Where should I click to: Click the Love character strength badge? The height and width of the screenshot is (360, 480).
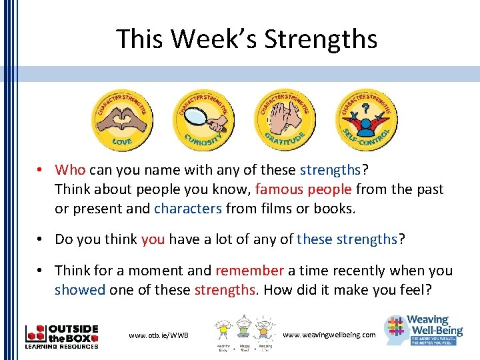coord(121,120)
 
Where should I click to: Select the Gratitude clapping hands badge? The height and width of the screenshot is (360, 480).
coord(285,120)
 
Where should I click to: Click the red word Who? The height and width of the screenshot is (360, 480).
coord(71,169)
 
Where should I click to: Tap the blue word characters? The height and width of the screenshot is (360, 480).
coord(188,209)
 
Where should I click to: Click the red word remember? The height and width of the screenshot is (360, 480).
coord(250,271)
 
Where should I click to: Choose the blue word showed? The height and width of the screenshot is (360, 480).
coord(80,290)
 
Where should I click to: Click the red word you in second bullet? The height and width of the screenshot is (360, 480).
coord(153,239)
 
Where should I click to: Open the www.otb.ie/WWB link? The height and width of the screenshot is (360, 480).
coord(159,335)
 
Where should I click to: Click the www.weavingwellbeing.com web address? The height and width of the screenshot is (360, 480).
coord(329,334)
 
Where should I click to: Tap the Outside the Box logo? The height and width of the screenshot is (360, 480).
coord(61,337)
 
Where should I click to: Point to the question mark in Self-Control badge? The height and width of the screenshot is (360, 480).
coord(365,107)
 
